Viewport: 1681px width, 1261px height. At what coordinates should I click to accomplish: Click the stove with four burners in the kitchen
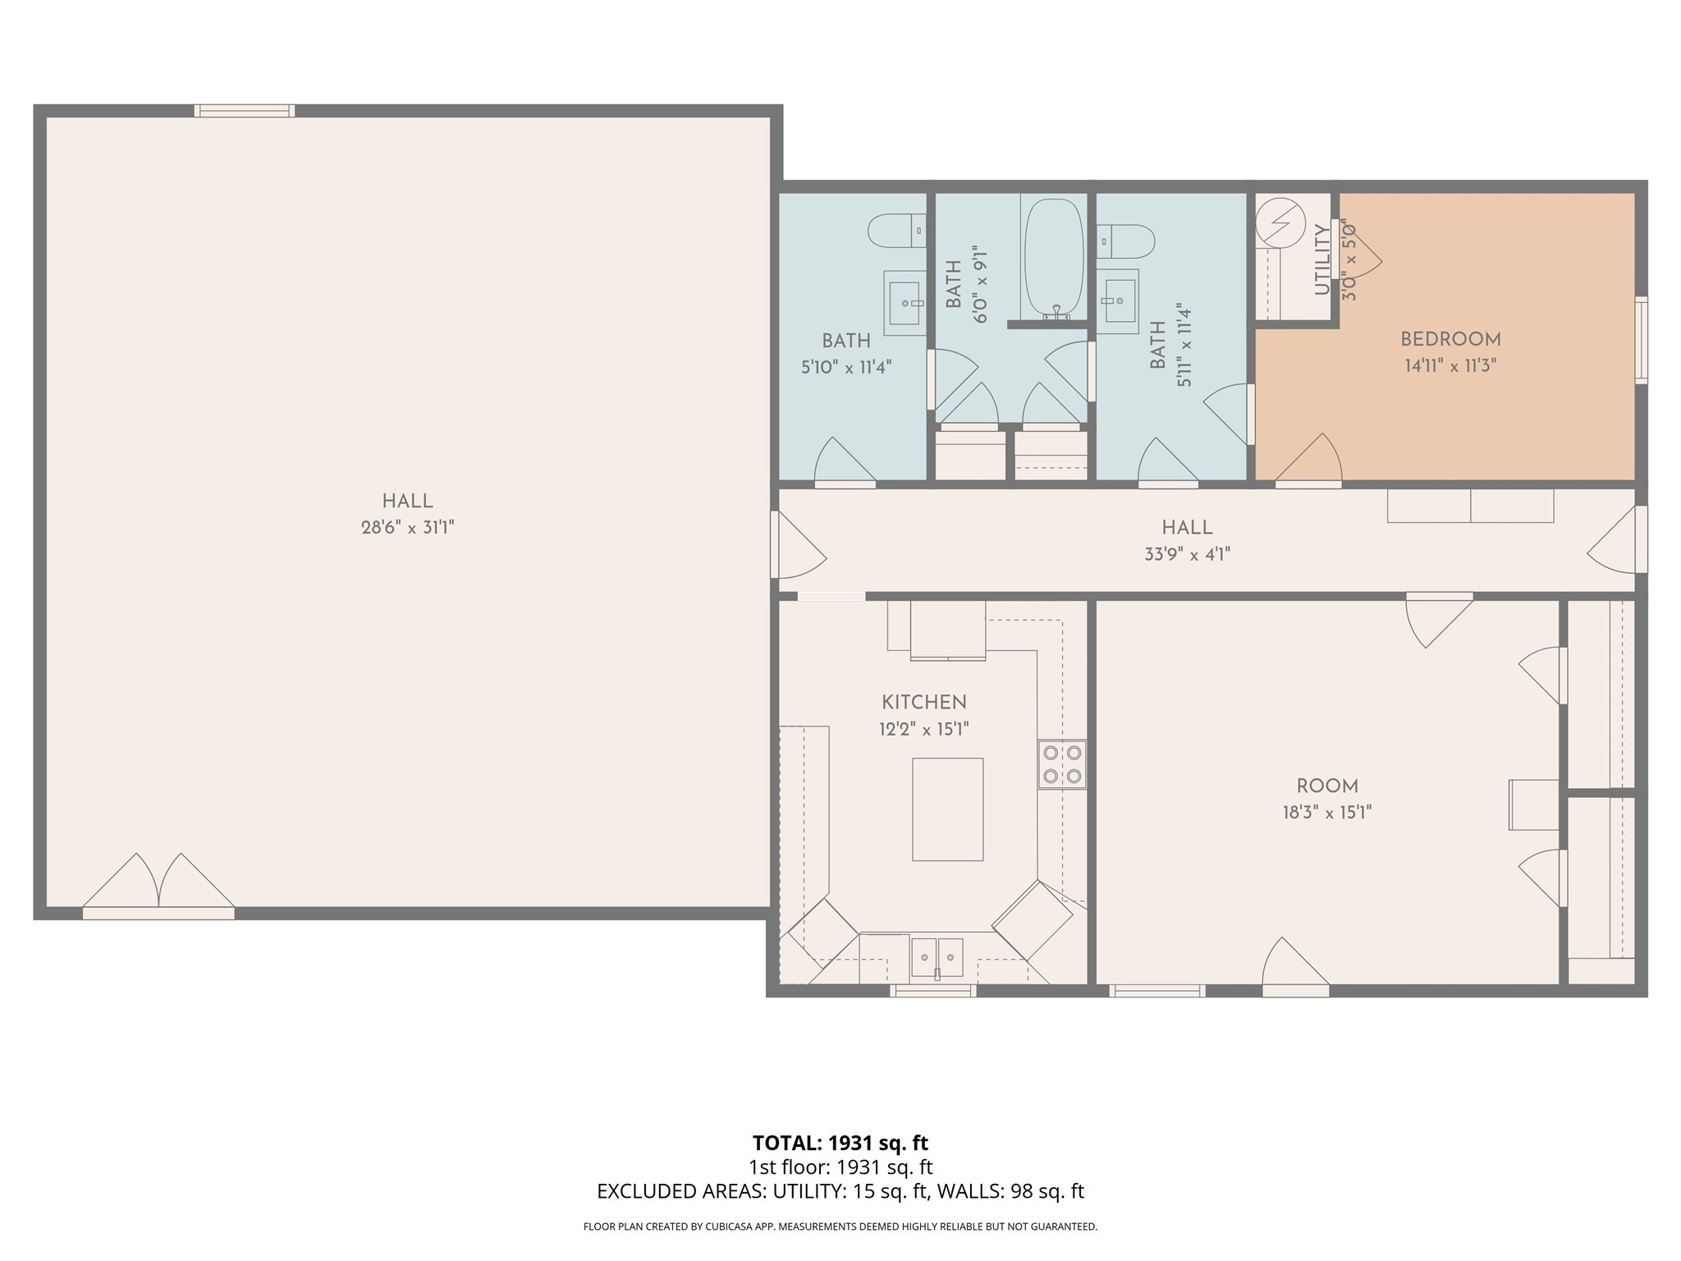(x=1061, y=764)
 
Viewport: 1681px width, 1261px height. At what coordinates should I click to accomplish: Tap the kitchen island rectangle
(x=947, y=809)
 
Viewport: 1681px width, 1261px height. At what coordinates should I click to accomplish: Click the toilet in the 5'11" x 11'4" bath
(x=1126, y=241)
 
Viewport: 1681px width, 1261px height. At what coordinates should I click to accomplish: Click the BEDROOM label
(x=1450, y=339)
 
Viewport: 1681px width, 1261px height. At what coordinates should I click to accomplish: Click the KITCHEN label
(x=924, y=702)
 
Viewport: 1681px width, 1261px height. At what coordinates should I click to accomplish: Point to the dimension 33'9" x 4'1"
(x=1187, y=554)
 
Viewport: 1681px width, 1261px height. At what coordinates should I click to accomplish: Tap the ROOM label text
(x=1327, y=786)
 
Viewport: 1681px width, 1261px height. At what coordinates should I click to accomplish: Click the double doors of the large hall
(x=158, y=887)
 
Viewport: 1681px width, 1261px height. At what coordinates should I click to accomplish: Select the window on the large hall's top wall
(x=244, y=111)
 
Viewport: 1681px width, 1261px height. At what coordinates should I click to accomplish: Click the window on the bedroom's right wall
(x=1641, y=340)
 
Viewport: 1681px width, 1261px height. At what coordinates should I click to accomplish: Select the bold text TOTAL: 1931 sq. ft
(x=840, y=1143)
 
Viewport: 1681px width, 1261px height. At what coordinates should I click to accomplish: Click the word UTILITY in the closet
(x=1321, y=260)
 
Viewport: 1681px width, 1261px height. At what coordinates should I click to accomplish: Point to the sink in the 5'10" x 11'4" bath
(x=905, y=303)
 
